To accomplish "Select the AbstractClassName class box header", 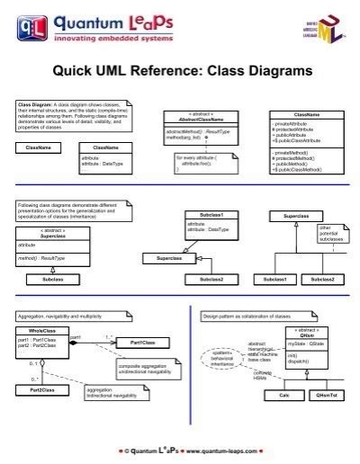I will [193, 117].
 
